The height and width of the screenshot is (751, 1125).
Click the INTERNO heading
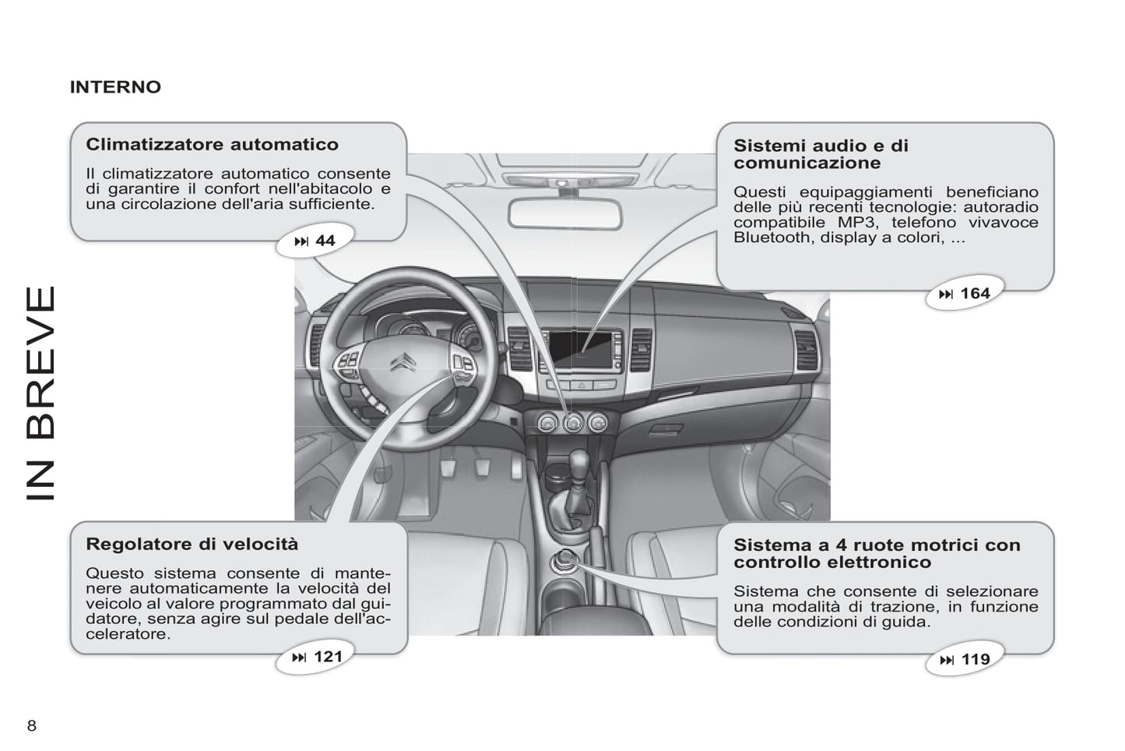click(x=115, y=86)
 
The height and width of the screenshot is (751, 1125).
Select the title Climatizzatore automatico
click(x=212, y=144)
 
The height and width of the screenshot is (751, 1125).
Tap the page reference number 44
click(x=325, y=241)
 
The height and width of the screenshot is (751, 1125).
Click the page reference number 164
click(x=975, y=294)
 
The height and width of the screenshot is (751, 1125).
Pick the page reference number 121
click(x=328, y=657)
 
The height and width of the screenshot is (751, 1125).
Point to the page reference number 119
click(x=975, y=660)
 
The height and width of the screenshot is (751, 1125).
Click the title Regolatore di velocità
click(x=192, y=544)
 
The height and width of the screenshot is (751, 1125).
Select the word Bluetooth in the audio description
click(x=770, y=238)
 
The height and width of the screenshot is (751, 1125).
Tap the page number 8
click(x=32, y=726)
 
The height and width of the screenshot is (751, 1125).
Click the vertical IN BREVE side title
click(x=41, y=393)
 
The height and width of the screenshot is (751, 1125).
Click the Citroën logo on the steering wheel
click(x=403, y=363)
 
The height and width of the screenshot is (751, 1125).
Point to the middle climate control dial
click(x=573, y=422)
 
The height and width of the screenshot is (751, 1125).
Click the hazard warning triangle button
click(x=581, y=385)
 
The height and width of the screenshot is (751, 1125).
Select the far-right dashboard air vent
click(x=804, y=350)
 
